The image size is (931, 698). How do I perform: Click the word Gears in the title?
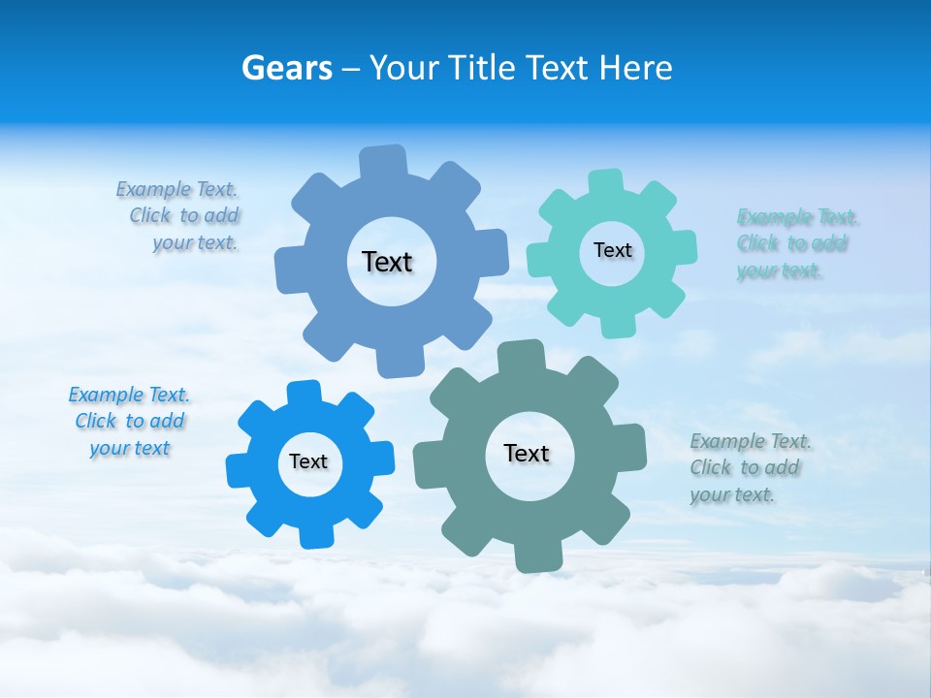(287, 68)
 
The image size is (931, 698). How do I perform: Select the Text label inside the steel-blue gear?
(387, 262)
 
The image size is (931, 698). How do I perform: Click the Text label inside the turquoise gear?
(612, 250)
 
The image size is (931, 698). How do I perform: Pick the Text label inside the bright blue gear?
(307, 461)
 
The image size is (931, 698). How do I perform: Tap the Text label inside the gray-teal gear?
(527, 453)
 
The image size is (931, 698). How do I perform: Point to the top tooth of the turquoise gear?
(606, 183)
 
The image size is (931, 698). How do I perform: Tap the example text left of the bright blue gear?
(129, 421)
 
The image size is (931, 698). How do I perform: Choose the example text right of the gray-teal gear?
(751, 467)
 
